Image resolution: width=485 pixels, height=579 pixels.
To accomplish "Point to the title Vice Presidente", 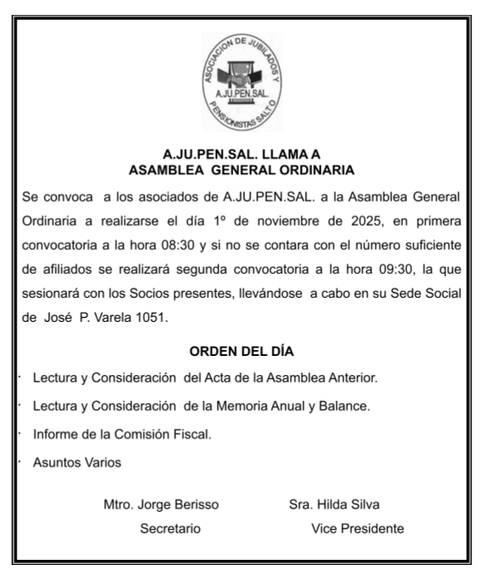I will (x=357, y=528).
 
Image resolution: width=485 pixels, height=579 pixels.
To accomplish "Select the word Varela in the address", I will (x=118, y=316).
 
